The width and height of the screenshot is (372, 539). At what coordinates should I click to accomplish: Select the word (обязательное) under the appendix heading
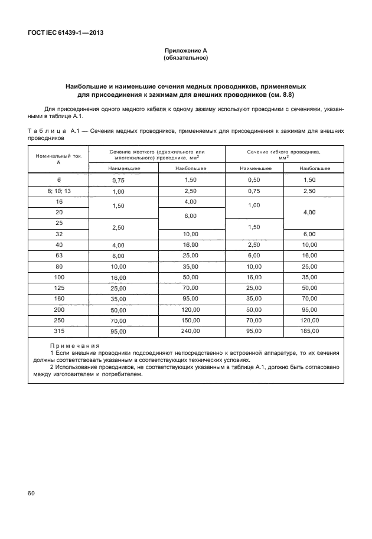click(185, 58)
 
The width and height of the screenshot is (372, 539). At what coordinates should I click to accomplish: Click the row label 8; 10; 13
click(58, 191)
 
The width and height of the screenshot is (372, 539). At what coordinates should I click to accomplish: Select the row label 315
click(58, 332)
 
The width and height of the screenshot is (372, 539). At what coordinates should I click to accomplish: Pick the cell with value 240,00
click(191, 332)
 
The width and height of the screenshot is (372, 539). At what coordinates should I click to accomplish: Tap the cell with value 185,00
click(314, 332)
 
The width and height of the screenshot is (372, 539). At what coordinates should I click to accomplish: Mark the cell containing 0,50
click(254, 179)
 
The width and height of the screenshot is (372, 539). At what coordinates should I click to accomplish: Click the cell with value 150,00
click(191, 321)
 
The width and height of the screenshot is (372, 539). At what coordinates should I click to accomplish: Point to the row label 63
click(58, 256)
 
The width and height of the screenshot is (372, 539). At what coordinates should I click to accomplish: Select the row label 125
click(58, 288)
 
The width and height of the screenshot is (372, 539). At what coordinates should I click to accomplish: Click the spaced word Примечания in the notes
click(74, 345)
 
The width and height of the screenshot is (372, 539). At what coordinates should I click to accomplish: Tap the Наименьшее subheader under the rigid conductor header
click(124, 169)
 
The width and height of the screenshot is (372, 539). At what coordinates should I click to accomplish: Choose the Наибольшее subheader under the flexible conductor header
click(314, 169)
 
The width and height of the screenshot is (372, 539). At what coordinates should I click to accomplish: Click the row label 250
click(58, 321)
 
